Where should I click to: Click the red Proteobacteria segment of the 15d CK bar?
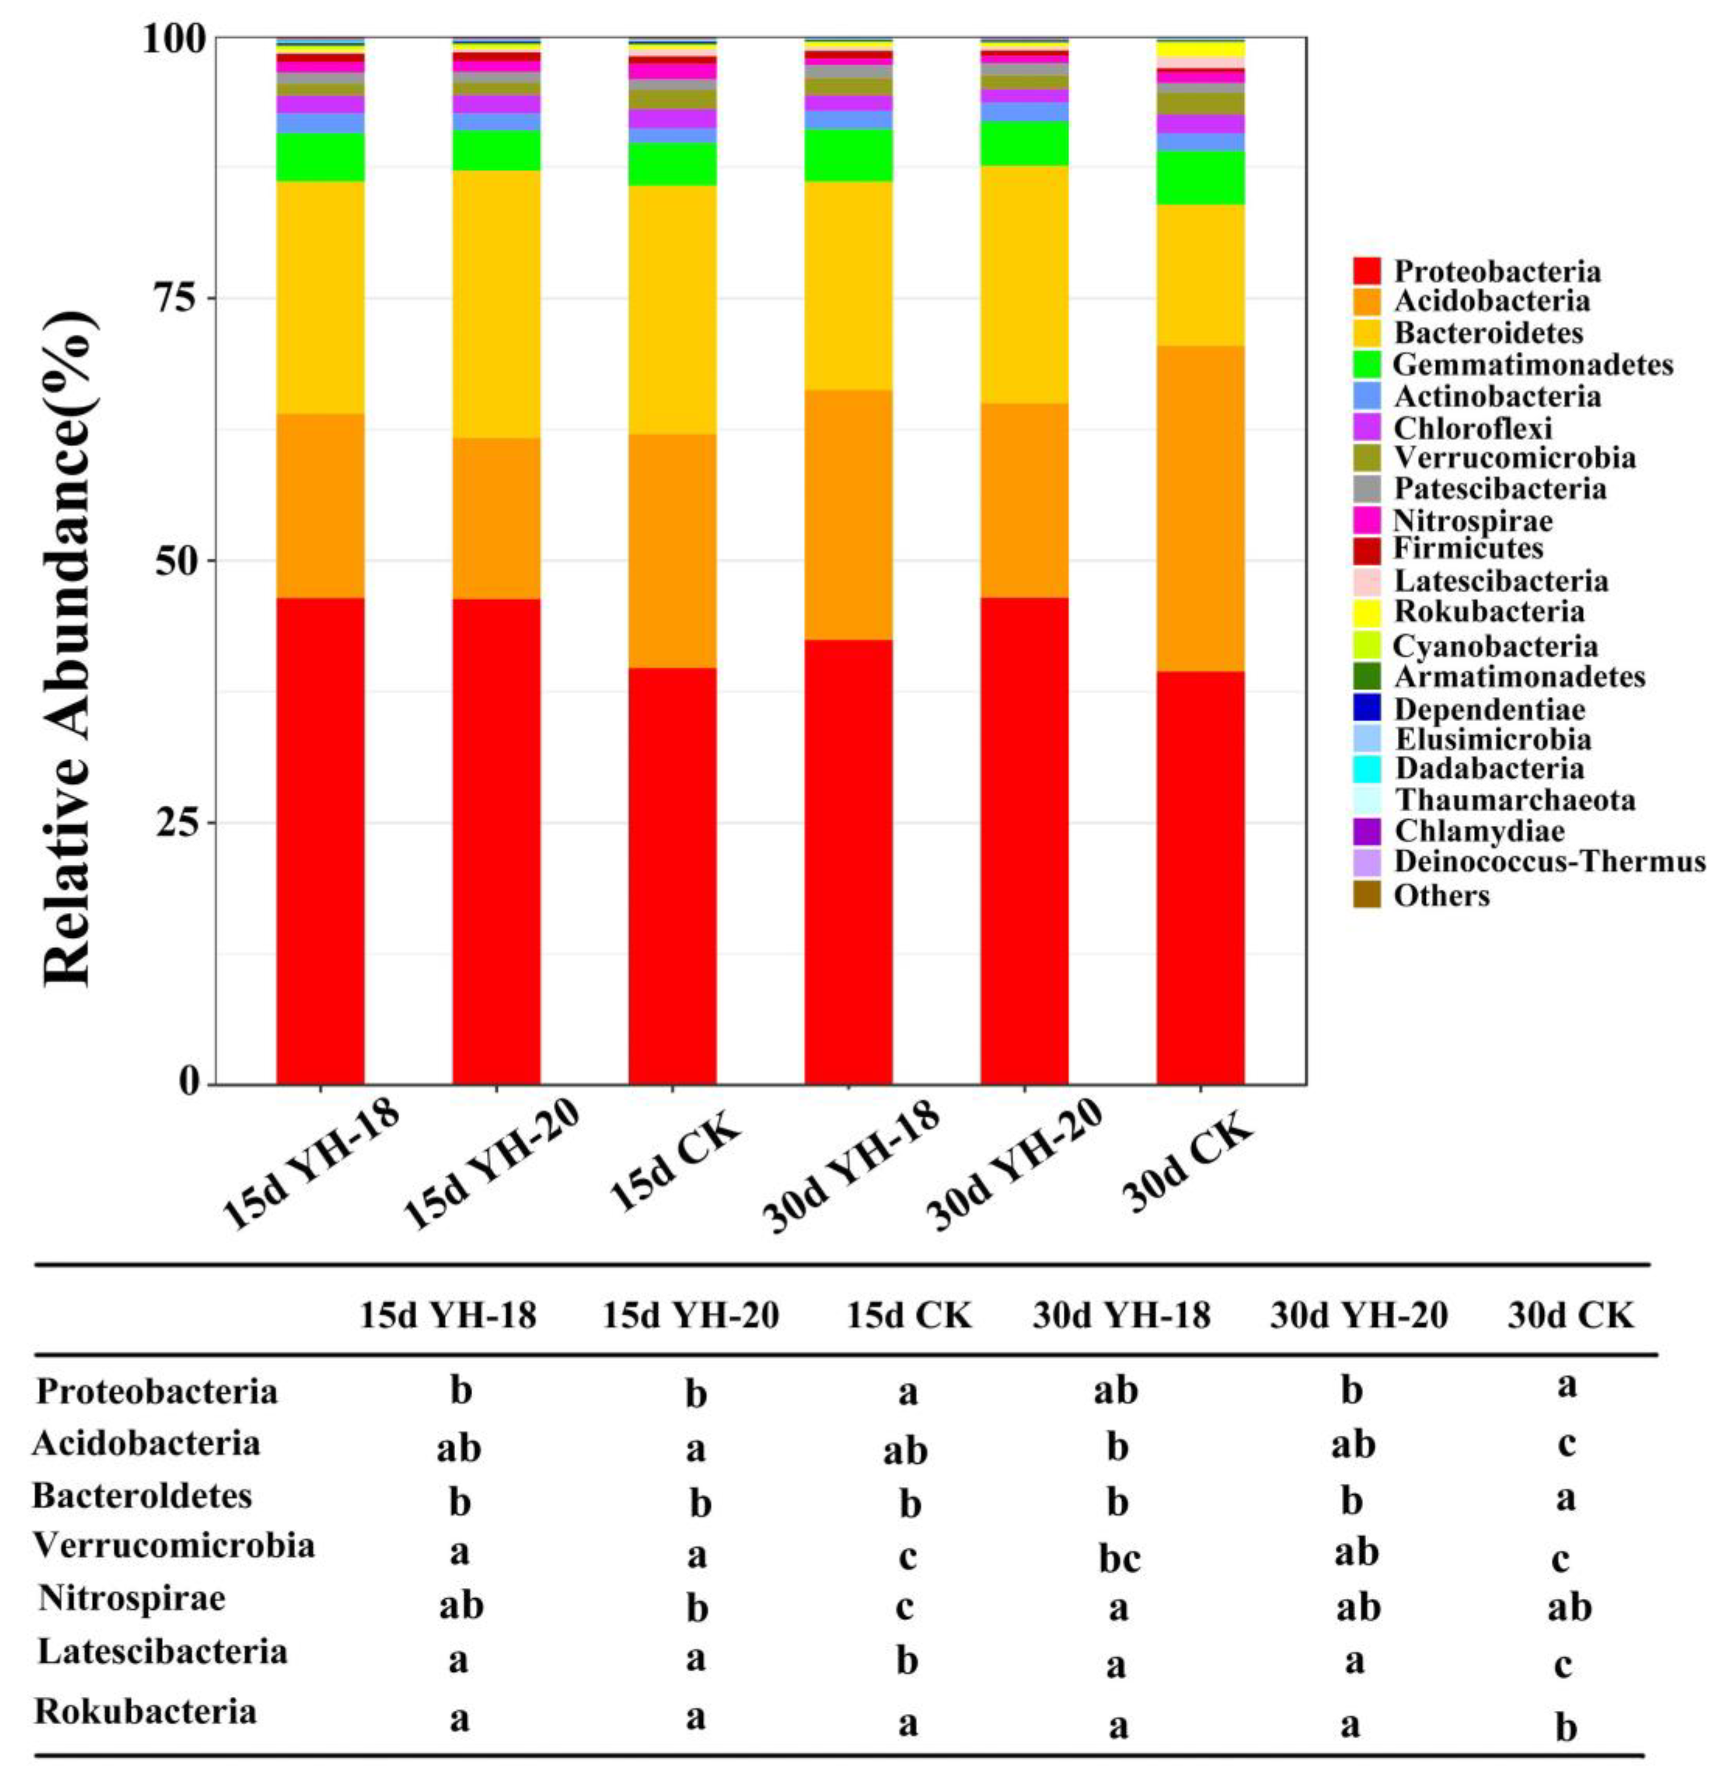pyautogui.click(x=672, y=876)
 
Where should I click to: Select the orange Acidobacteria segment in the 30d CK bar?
pyautogui.click(x=1199, y=508)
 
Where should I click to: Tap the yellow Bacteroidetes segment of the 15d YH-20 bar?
pyautogui.click(x=496, y=304)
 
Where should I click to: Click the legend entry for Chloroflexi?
pyautogui.click(x=1472, y=427)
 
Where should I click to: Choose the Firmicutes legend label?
pyautogui.click(x=1468, y=549)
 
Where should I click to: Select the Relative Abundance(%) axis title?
pyautogui.click(x=68, y=649)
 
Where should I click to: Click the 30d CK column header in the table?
pyautogui.click(x=1570, y=1315)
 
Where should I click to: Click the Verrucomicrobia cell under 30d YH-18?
pyautogui.click(x=1118, y=1557)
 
